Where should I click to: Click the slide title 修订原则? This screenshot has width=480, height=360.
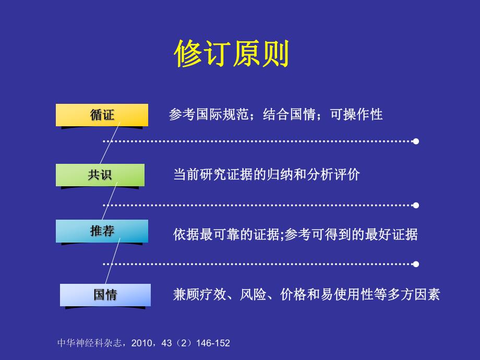pyautogui.click(x=232, y=54)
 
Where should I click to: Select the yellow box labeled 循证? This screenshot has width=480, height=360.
pyautogui.click(x=102, y=115)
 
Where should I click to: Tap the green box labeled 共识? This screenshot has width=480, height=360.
pyautogui.click(x=100, y=175)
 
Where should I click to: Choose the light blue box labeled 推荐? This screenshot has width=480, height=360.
pyautogui.click(x=102, y=231)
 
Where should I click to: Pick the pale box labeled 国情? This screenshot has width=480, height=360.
pyautogui.click(x=105, y=295)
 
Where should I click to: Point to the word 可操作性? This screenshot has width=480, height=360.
pyautogui.click(x=357, y=115)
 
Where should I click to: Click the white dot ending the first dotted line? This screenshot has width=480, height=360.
pyautogui.click(x=416, y=141)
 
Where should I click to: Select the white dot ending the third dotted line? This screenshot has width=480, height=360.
pyautogui.click(x=416, y=264)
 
